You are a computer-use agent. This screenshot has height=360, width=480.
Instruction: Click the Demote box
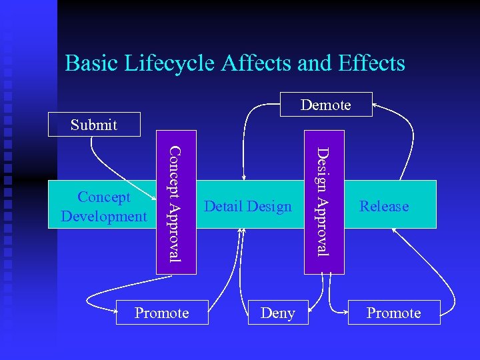pyautogui.click(x=325, y=105)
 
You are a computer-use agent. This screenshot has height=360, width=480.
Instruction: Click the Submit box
pyautogui.click(x=94, y=125)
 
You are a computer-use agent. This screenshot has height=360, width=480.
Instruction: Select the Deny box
pyautogui.click(x=277, y=313)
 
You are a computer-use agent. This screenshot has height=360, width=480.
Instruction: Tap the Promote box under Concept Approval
pyautogui.click(x=162, y=313)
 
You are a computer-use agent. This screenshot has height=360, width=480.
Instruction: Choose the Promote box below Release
pyautogui.click(x=394, y=313)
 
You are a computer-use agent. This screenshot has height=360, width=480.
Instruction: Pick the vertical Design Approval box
pyautogui.click(x=324, y=203)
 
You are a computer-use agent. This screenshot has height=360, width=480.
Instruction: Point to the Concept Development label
pyautogui.click(x=103, y=207)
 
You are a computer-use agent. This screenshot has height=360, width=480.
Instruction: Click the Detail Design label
pyautogui.click(x=248, y=207)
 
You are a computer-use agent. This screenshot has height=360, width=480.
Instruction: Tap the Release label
pyautogui.click(x=384, y=207)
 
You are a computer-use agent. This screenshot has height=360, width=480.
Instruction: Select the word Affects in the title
pyautogui.click(x=256, y=63)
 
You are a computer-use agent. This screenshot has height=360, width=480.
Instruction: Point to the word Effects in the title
pyautogui.click(x=371, y=63)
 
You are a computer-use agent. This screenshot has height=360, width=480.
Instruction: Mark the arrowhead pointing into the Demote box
pyautogui.click(x=375, y=103)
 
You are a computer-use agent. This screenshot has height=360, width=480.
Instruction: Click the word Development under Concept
pyautogui.click(x=103, y=216)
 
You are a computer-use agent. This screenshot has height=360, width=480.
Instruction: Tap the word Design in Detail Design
pyautogui.click(x=271, y=207)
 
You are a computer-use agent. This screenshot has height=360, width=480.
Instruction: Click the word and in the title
pyautogui.click(x=315, y=63)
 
